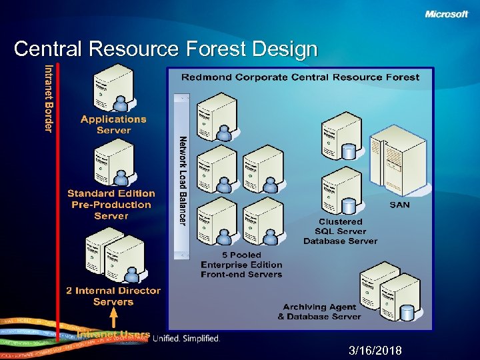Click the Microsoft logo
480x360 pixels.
446,14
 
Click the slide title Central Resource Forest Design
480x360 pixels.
165,49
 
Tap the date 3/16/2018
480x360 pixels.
375,351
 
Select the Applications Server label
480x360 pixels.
113,125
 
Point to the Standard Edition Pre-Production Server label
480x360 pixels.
111,205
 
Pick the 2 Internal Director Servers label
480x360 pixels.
113,296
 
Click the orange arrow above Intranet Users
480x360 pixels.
113,318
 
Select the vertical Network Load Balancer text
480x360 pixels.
183,180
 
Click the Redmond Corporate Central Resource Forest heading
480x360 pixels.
300,77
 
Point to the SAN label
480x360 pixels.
399,205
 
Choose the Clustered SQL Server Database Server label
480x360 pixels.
340,231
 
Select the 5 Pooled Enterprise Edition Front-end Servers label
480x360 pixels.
241,265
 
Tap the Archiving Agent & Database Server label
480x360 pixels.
319,311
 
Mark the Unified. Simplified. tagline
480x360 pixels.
186,339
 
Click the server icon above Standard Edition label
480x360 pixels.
114,163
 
